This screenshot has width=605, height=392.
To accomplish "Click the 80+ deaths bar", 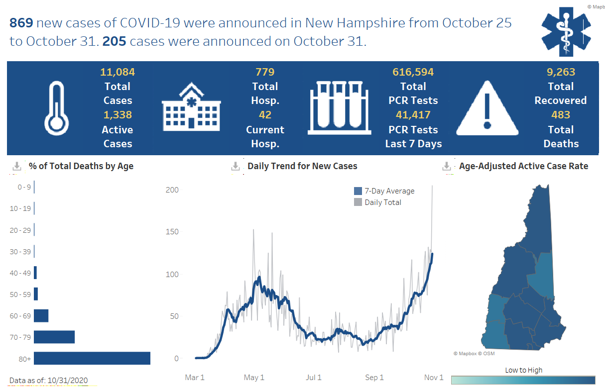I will point(92,358).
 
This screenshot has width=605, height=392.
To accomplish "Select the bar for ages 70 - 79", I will point(54,337).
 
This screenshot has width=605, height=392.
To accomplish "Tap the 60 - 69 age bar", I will point(41,315).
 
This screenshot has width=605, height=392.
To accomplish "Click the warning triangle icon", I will point(487,108).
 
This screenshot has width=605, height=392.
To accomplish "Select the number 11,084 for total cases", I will point(118,72).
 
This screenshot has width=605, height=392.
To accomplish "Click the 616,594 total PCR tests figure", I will point(413,72).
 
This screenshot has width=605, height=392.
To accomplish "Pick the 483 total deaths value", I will point(561,115).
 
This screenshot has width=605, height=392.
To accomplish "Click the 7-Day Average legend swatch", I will point(358,191).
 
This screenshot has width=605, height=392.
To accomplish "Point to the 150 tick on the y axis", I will point(172,232).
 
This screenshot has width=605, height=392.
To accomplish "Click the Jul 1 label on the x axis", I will point(313,378).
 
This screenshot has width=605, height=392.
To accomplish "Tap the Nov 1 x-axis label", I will point(434,378).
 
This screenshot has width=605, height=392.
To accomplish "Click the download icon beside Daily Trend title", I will point(236,166).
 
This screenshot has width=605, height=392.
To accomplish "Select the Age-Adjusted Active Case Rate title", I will point(523,166).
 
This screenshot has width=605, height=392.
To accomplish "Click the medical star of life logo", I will point(566,31).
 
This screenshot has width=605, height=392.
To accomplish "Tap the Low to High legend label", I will point(523,370).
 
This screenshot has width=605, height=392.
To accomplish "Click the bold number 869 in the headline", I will point(21,23).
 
